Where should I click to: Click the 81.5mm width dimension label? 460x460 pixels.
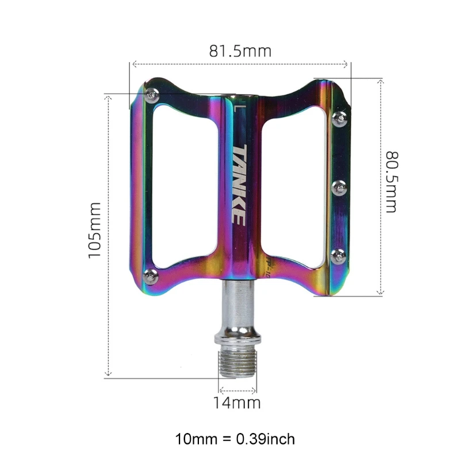tap(240, 51)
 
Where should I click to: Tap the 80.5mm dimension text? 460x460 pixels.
tap(392, 182)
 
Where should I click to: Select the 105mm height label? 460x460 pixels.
tap(95, 230)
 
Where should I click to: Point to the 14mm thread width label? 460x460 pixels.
tap(237, 402)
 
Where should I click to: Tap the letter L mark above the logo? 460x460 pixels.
tap(238, 106)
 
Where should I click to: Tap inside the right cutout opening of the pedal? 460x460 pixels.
tap(293, 184)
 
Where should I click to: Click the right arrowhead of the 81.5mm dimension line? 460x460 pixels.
tap(346, 64)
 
